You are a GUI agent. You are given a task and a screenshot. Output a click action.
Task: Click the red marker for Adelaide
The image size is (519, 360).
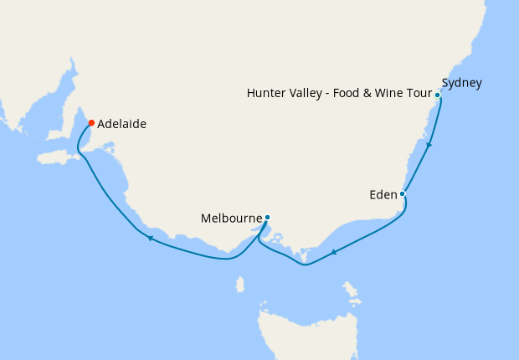point(91,123)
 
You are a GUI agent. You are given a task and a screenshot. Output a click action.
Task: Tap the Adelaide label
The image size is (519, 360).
point(122,124)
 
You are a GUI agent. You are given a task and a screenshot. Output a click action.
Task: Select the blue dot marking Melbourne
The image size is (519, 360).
point(267,218)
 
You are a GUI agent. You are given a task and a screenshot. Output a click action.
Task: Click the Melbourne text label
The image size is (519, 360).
point(232,219)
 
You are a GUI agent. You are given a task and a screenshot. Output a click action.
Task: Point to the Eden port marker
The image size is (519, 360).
point(403,194)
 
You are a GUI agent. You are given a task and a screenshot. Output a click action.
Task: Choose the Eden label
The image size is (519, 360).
point(383,195)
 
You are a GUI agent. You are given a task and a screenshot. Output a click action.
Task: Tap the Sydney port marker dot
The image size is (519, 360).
point(437,95)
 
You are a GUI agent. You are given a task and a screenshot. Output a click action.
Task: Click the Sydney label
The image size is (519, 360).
point(461,83)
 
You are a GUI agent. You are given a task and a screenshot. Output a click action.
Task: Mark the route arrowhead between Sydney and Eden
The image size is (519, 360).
point(429,145)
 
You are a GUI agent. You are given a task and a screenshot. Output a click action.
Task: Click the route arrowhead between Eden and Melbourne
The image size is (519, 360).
point(334,252)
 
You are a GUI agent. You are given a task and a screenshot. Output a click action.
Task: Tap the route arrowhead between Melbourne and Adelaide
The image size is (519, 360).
point(151,239)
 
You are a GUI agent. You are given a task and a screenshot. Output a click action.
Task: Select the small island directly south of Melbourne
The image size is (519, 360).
point(240,285)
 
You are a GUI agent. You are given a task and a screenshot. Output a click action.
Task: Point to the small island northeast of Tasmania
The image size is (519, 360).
point(352,292)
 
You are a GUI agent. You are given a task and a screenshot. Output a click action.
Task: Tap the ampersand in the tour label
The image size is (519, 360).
point(365,93)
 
